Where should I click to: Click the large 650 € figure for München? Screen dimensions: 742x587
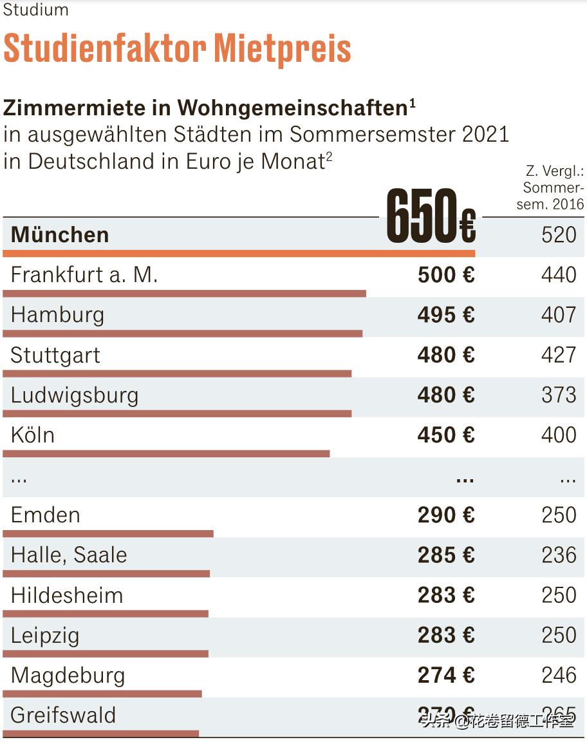pyautogui.click(x=431, y=216)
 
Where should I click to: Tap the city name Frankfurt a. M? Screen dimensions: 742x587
pyautogui.click(x=84, y=275)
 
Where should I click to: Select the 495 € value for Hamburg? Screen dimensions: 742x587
pyautogui.click(x=445, y=315)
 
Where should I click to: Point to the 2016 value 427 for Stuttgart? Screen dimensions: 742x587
pyautogui.click(x=559, y=355)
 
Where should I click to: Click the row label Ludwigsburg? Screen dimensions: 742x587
pyautogui.click(x=75, y=395)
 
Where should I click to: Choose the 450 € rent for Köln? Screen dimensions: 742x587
pyautogui.click(x=445, y=435)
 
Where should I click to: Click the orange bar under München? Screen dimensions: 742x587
pyautogui.click(x=238, y=254)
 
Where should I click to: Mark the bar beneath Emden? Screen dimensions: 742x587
pyautogui.click(x=108, y=533)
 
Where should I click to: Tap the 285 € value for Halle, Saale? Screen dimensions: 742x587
pyautogui.click(x=445, y=555)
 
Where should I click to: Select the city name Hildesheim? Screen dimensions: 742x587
pyautogui.click(x=67, y=595)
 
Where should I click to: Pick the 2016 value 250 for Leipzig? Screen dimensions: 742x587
pyautogui.click(x=559, y=635)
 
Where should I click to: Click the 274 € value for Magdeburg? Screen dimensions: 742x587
pyautogui.click(x=445, y=675)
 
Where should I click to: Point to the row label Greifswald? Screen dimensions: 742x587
pyautogui.click(x=63, y=715)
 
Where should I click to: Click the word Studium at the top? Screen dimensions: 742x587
pyautogui.click(x=36, y=10)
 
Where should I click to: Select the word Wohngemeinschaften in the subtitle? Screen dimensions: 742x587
pyautogui.click(x=292, y=108)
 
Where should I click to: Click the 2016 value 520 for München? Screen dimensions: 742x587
pyautogui.click(x=559, y=234)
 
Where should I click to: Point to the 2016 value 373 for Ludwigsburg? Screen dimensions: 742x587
pyautogui.click(x=559, y=395)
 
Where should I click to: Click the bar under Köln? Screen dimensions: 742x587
pyautogui.click(x=166, y=453)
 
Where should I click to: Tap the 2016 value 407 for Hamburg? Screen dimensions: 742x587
pyautogui.click(x=559, y=315)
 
